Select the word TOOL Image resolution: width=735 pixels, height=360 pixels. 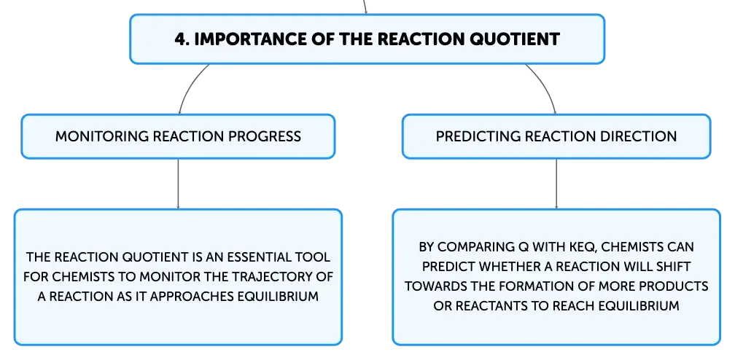317,257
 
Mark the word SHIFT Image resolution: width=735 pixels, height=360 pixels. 674,267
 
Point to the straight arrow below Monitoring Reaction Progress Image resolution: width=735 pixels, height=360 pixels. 178,184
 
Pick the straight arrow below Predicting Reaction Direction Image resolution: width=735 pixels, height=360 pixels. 556,184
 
